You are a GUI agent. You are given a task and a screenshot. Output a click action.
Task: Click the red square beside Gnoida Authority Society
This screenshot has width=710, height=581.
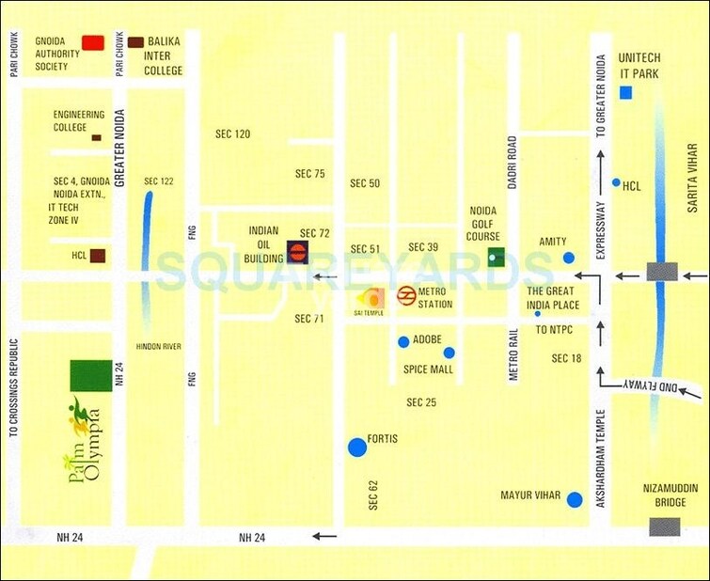(x=93, y=42)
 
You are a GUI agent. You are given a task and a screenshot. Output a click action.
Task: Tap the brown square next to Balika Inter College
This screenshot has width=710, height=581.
(x=135, y=42)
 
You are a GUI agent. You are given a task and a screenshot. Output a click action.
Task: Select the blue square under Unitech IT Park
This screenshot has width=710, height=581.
(x=626, y=92)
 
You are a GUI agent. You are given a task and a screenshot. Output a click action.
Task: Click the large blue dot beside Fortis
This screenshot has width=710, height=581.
(x=357, y=448)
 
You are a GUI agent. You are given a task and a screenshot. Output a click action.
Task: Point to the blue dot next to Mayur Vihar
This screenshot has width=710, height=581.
(x=575, y=499)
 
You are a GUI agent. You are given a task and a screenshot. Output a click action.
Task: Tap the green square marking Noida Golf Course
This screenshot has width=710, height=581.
(x=497, y=256)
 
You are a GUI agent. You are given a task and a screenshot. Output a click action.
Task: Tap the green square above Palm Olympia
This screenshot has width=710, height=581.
(x=90, y=375)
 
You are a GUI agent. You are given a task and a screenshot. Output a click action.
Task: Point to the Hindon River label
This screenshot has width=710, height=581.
(x=158, y=347)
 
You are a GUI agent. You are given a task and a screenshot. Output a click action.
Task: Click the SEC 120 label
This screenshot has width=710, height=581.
(x=233, y=134)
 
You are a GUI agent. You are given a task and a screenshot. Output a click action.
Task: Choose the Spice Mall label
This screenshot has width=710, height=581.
(x=428, y=369)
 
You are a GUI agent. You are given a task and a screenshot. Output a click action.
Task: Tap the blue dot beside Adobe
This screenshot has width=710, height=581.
(x=403, y=340)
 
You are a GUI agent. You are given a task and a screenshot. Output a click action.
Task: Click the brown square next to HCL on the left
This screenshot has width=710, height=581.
(x=98, y=256)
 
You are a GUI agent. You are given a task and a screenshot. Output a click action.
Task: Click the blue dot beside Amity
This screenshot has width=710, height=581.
(x=568, y=258)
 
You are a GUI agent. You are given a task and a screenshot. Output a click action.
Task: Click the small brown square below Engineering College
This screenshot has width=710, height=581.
(x=96, y=138)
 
